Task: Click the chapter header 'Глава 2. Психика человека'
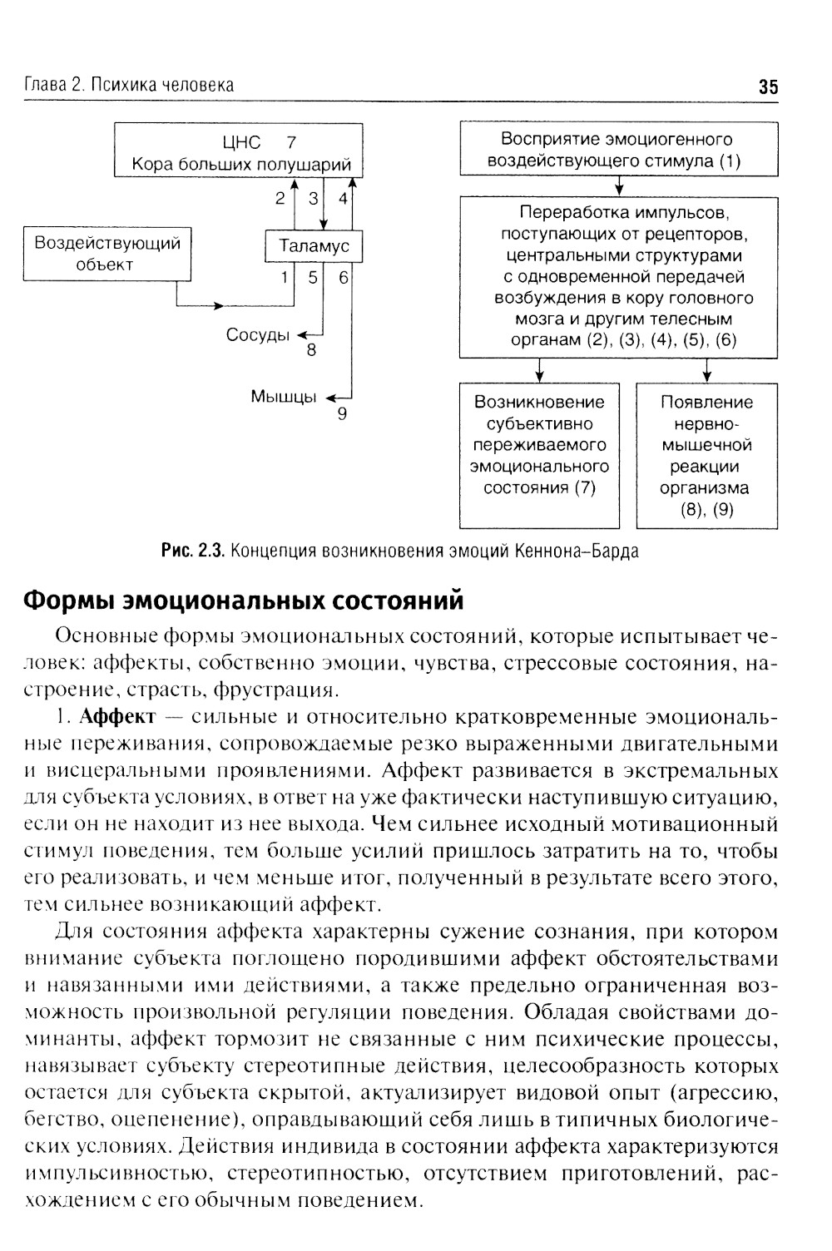[129, 85]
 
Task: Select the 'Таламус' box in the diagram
[314, 246]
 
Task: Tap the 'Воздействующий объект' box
[107, 254]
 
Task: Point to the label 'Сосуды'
[258, 335]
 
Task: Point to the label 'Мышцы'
[283, 397]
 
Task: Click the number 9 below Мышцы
[341, 413]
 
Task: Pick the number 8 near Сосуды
[311, 350]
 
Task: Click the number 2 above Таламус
[280, 199]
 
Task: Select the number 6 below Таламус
[343, 278]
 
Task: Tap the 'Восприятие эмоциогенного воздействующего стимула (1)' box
[619, 150]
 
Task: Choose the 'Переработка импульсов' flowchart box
[619, 276]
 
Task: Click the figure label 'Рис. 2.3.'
[193, 551]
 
